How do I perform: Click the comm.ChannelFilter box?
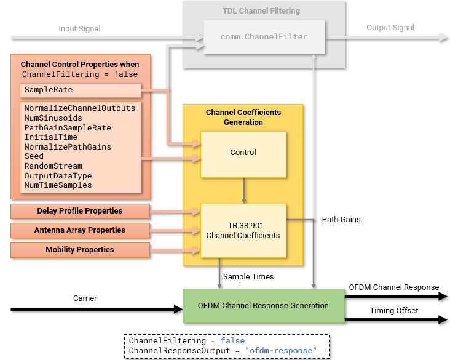pyautogui.click(x=264, y=37)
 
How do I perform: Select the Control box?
pyautogui.click(x=243, y=152)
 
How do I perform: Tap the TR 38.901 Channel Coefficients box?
pyautogui.click(x=243, y=230)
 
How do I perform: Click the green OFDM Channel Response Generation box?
pyautogui.click(x=263, y=305)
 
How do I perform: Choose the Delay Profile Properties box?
pyautogui.click(x=80, y=211)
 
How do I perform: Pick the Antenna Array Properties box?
pyautogui.click(x=80, y=230)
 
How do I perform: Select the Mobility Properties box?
pyautogui.click(x=80, y=250)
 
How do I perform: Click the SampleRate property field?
pyautogui.click(x=49, y=90)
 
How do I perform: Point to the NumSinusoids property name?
pyautogui.click(x=53, y=118)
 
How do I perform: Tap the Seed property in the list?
pyautogui.click(x=34, y=156)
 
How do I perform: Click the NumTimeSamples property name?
pyautogui.click(x=58, y=185)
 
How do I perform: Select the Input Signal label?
pyautogui.click(x=79, y=29)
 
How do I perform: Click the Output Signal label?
pyautogui.click(x=390, y=28)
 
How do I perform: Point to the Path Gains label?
pyautogui.click(x=341, y=219)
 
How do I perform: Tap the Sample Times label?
pyautogui.click(x=248, y=277)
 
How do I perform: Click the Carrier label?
pyautogui.click(x=85, y=298)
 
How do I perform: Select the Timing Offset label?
pyautogui.click(x=393, y=311)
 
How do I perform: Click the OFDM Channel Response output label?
pyautogui.click(x=393, y=287)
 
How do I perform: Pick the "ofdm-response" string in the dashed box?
pyautogui.click(x=281, y=350)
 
